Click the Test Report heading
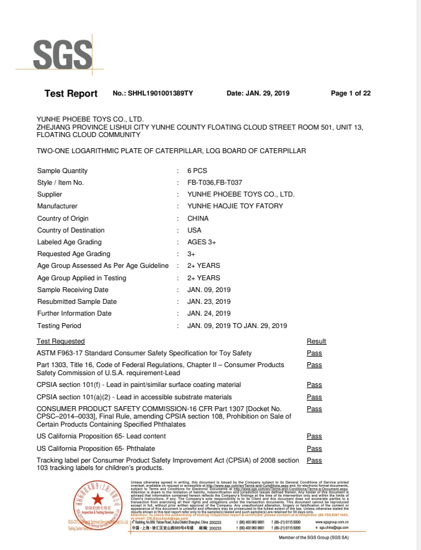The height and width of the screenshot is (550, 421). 71,94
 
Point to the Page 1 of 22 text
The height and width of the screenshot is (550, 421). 351,94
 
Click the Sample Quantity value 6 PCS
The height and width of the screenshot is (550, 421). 197,171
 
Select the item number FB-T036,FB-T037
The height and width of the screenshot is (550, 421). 214,183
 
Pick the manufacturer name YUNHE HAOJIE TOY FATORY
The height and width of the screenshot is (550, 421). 235,206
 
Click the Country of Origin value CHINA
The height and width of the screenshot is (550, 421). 198,218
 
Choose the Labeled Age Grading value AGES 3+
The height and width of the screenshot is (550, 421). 201,242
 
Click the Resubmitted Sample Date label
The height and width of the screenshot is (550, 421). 77,302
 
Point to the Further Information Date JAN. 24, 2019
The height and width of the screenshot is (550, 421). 209,314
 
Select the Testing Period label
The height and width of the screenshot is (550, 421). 59,326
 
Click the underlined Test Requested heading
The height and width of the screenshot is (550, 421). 61,341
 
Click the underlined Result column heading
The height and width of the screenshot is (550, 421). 316,341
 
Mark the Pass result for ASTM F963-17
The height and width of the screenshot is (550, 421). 314,353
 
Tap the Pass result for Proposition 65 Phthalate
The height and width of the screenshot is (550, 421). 314,448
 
